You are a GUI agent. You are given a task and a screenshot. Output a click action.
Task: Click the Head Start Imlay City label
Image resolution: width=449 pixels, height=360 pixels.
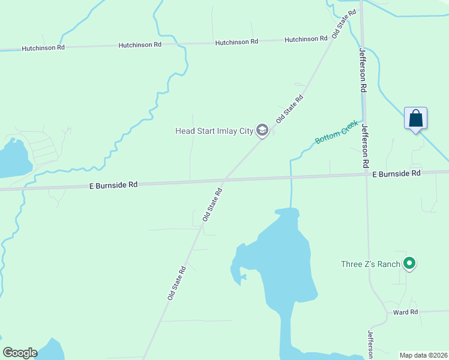tap(213, 131)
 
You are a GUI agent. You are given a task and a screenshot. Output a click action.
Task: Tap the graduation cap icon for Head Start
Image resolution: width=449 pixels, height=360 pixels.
tap(262, 130)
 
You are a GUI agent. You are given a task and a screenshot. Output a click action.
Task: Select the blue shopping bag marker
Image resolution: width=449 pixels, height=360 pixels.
tap(415, 118)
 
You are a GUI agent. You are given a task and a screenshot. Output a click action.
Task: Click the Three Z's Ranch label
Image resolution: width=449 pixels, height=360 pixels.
tap(370, 264)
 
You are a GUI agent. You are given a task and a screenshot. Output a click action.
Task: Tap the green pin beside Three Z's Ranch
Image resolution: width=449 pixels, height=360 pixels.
tap(409, 263)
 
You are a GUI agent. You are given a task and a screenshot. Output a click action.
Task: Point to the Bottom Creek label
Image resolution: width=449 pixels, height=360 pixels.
tap(336, 132)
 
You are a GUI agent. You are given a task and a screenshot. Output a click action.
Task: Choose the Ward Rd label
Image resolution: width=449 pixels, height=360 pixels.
tap(405, 313)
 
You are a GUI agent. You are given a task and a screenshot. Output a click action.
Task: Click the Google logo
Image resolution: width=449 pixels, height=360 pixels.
tap(20, 352)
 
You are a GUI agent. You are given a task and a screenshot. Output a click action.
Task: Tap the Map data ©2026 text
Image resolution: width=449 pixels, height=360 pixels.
tap(423, 355)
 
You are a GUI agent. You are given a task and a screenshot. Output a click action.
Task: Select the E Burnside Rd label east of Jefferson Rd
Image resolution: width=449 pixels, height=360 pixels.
tap(396, 173)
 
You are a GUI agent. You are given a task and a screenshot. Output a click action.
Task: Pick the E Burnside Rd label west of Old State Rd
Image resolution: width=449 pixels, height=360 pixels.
tap(113, 185)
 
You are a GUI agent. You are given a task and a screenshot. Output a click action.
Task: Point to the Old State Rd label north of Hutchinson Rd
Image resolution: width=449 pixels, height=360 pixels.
tap(340, 26)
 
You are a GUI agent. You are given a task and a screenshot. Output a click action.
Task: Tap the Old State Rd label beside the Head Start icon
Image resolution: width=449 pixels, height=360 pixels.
tap(289, 109)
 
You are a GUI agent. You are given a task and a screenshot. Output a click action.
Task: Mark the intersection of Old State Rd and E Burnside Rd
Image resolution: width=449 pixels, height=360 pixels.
tap(225, 180)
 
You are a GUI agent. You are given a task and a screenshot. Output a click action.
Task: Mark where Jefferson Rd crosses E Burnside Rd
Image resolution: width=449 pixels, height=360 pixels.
tap(367, 175)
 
